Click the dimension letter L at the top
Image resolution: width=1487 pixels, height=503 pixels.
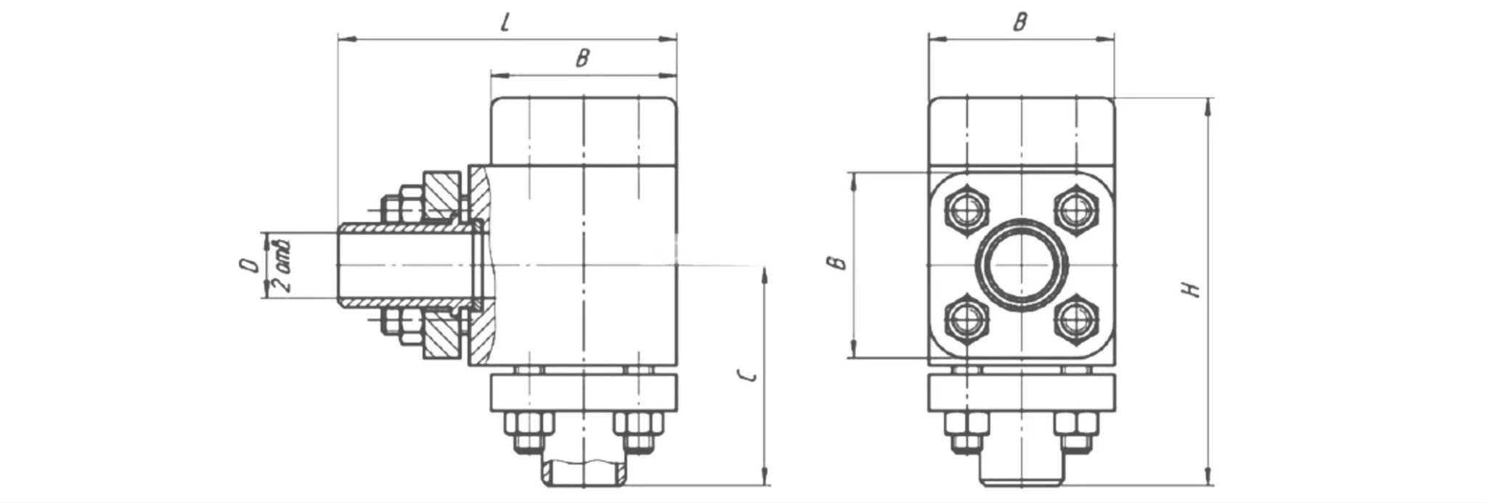pyautogui.click(x=507, y=22)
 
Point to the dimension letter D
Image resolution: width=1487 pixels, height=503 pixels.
pyautogui.click(x=249, y=265)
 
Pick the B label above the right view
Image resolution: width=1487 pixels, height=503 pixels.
pyautogui.click(x=1020, y=22)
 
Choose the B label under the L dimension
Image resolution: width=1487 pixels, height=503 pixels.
pyautogui.click(x=582, y=58)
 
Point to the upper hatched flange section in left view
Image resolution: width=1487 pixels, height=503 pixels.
pyautogui.click(x=441, y=195)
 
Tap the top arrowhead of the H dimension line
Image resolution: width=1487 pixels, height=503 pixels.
pyautogui.click(x=1207, y=106)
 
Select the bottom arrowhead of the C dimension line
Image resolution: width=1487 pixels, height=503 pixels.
pyautogui.click(x=765, y=477)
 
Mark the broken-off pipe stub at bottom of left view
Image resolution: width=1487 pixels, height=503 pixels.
pyautogui.click(x=585, y=473)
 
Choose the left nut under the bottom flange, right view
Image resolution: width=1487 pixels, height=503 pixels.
pyautogui.click(x=966, y=431)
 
